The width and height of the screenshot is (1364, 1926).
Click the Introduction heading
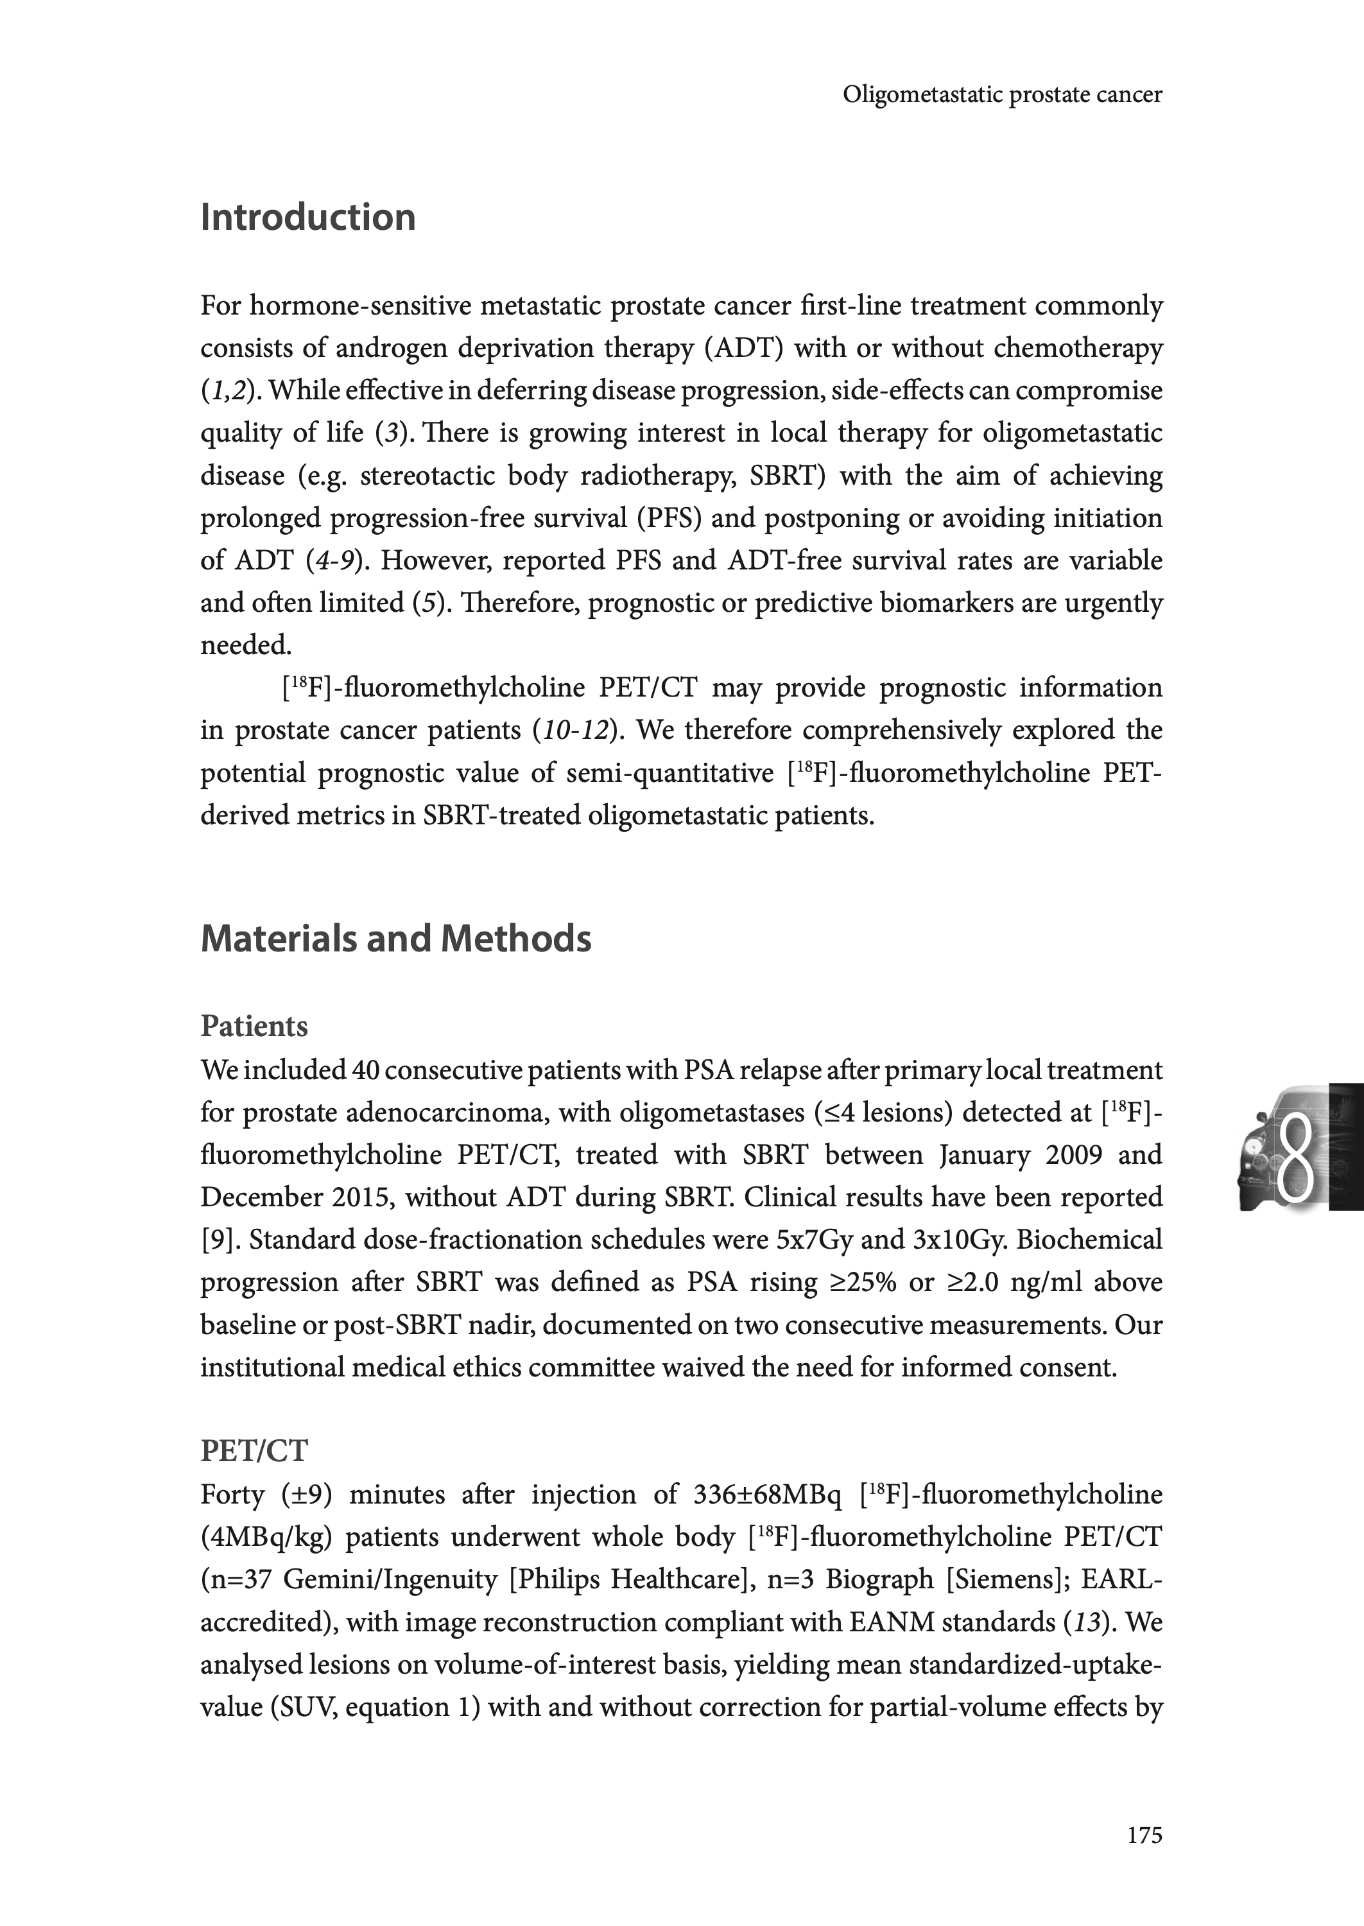pos(307,218)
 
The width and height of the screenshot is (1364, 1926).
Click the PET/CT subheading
pos(254,1450)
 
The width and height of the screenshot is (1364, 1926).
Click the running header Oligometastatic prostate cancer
pos(1002,95)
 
